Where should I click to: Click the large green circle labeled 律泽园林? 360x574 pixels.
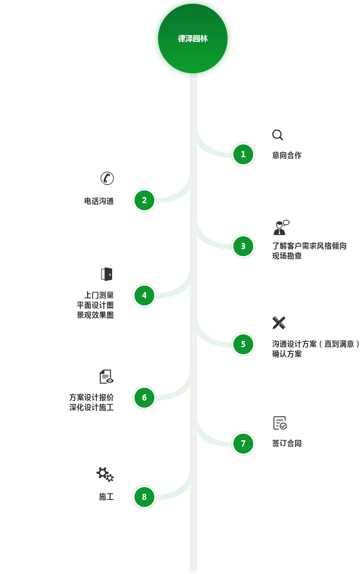click(193, 38)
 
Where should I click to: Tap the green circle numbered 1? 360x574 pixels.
click(243, 154)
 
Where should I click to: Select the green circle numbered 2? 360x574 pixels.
click(144, 200)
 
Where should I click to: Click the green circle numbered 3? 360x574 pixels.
click(243, 246)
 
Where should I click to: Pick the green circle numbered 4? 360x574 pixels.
click(144, 295)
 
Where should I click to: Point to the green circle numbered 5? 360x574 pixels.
click(243, 344)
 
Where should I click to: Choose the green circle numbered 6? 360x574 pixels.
click(144, 398)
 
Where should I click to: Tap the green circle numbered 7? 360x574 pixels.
click(243, 444)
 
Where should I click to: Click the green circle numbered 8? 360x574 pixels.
click(144, 497)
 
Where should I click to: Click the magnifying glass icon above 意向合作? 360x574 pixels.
click(278, 135)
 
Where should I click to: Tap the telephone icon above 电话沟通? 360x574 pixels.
click(107, 178)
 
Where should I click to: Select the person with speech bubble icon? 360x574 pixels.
click(281, 228)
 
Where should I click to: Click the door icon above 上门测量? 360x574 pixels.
click(107, 274)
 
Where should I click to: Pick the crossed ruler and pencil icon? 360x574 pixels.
click(279, 323)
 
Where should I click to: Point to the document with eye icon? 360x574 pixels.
click(106, 377)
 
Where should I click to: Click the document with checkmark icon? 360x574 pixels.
click(280, 423)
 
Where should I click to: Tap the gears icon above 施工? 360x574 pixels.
click(105, 474)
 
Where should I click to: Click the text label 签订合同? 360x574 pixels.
click(287, 443)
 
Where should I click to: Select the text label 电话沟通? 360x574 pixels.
click(99, 201)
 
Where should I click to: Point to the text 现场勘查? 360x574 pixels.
click(287, 256)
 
